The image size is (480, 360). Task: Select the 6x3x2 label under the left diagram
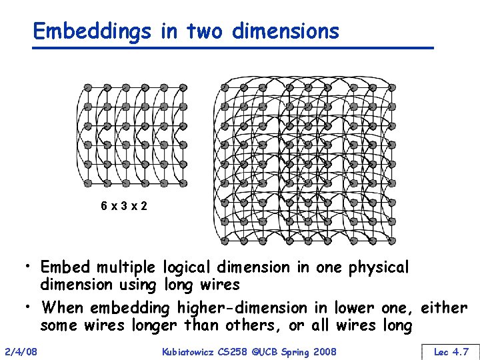(x=124, y=206)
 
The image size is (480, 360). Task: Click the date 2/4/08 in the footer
(x=21, y=351)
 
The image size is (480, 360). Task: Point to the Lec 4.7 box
(x=450, y=351)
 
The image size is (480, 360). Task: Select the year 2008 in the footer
(x=324, y=351)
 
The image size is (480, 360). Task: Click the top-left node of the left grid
(x=87, y=87)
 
